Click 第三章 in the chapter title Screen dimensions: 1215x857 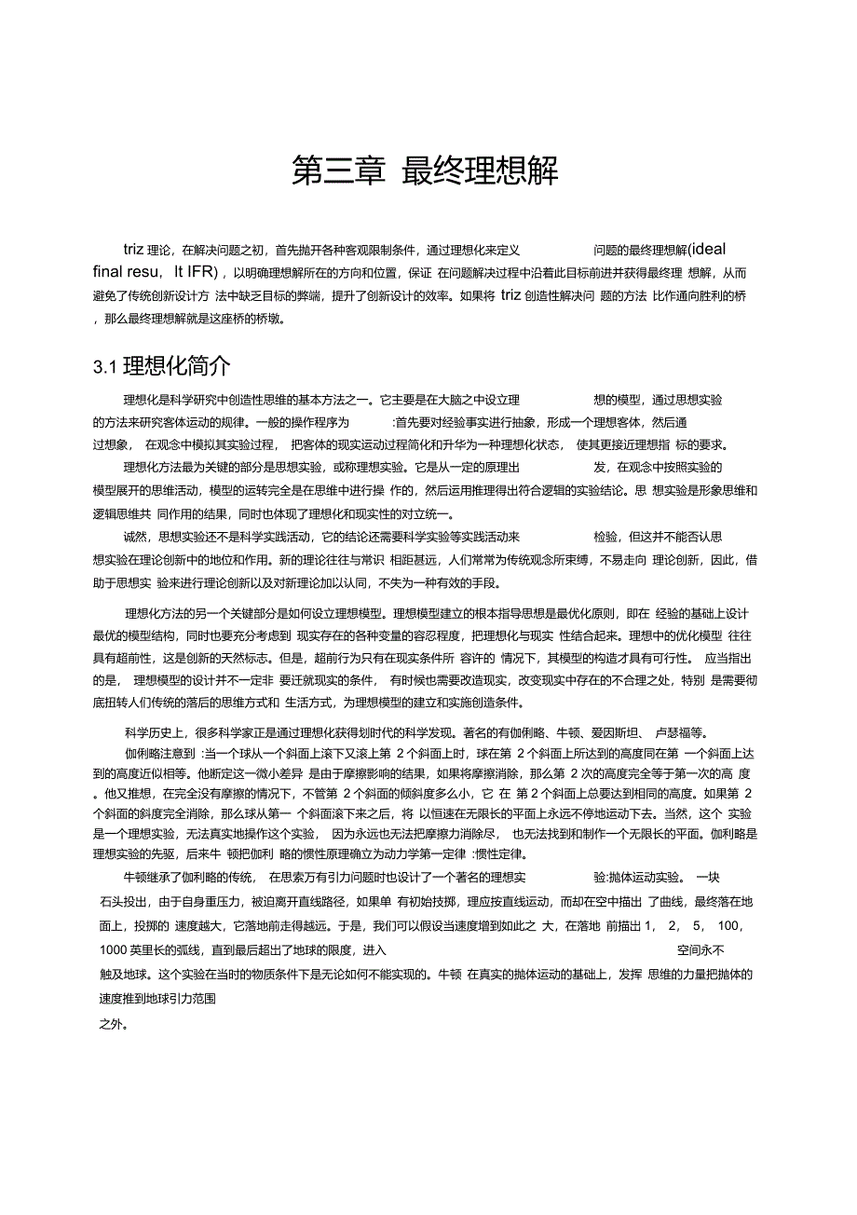(338, 171)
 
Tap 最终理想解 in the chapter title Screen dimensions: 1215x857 (481, 171)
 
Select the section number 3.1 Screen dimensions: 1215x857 (105, 365)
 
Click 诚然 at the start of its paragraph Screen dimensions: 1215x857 (136, 537)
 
